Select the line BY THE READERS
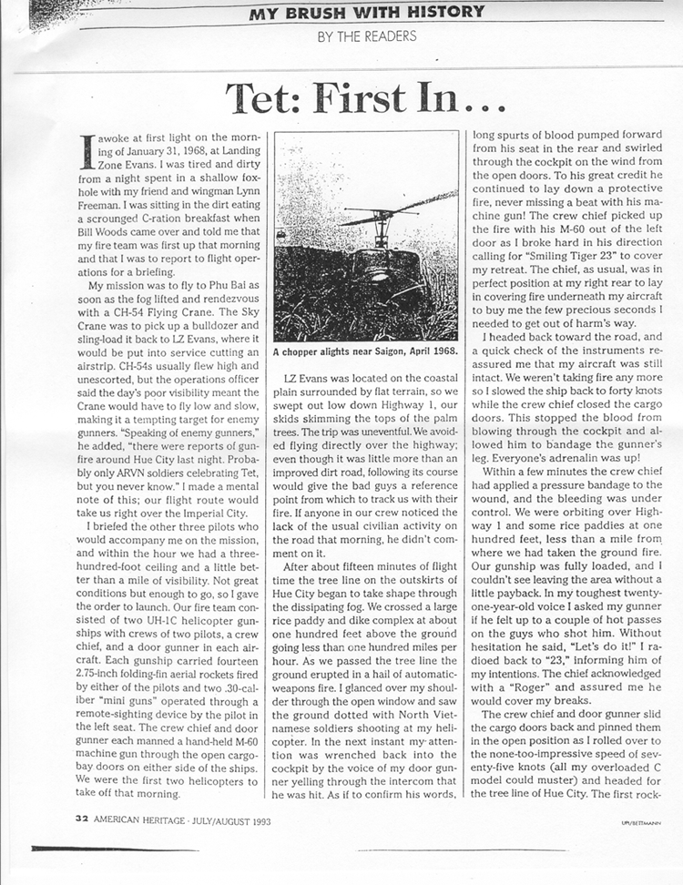coord(367,36)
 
